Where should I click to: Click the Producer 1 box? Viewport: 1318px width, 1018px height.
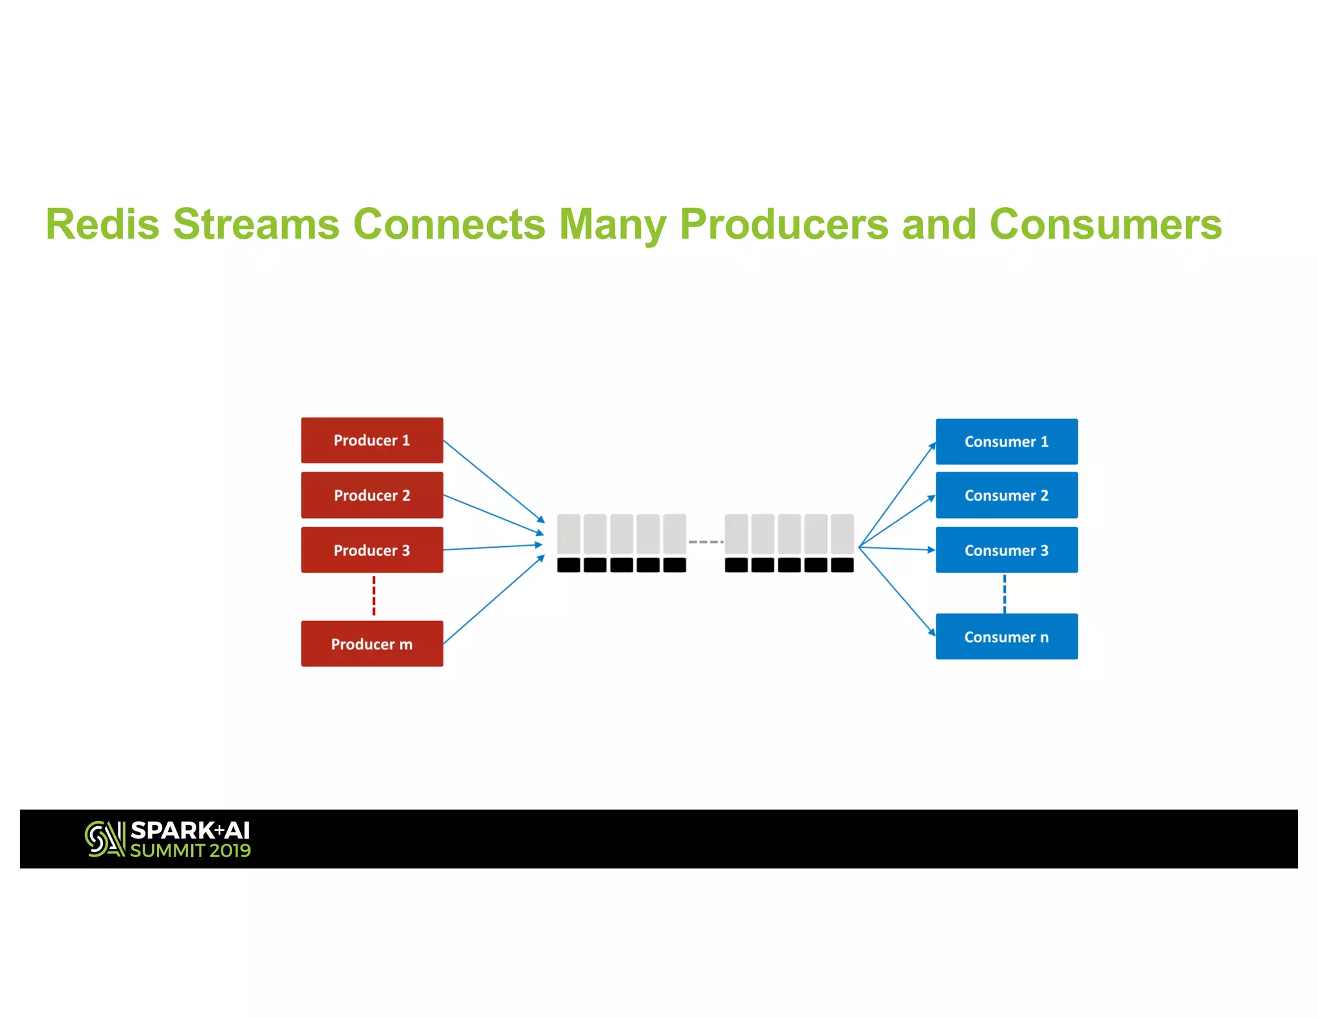click(372, 440)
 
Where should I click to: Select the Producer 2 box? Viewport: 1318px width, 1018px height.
click(372, 495)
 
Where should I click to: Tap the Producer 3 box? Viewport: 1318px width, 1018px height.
click(372, 550)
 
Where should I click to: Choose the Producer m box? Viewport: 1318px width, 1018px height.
click(372, 643)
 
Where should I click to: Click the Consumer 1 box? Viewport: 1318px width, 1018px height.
click(1007, 441)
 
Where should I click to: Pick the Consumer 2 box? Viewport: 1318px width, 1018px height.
click(1007, 495)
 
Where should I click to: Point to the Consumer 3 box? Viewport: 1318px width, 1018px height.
click(1007, 550)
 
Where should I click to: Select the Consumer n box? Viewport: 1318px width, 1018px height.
click(1007, 636)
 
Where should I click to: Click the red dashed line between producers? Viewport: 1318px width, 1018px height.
click(374, 596)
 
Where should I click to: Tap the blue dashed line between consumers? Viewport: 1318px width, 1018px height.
click(1005, 593)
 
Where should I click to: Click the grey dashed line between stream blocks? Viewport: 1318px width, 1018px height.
click(705, 542)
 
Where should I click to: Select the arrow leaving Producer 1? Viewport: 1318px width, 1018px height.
click(493, 481)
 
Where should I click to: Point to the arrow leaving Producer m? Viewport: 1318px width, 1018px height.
click(493, 600)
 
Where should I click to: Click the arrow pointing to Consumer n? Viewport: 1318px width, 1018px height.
click(896, 591)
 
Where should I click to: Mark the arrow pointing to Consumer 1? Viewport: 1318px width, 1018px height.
click(896, 495)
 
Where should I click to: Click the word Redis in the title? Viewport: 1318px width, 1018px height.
click(102, 225)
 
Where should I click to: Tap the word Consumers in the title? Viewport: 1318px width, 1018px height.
click(1105, 225)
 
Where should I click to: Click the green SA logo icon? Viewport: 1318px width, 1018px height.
click(104, 838)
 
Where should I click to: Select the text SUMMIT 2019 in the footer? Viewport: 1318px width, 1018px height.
click(190, 851)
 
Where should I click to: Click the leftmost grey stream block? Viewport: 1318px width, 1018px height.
click(568, 533)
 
